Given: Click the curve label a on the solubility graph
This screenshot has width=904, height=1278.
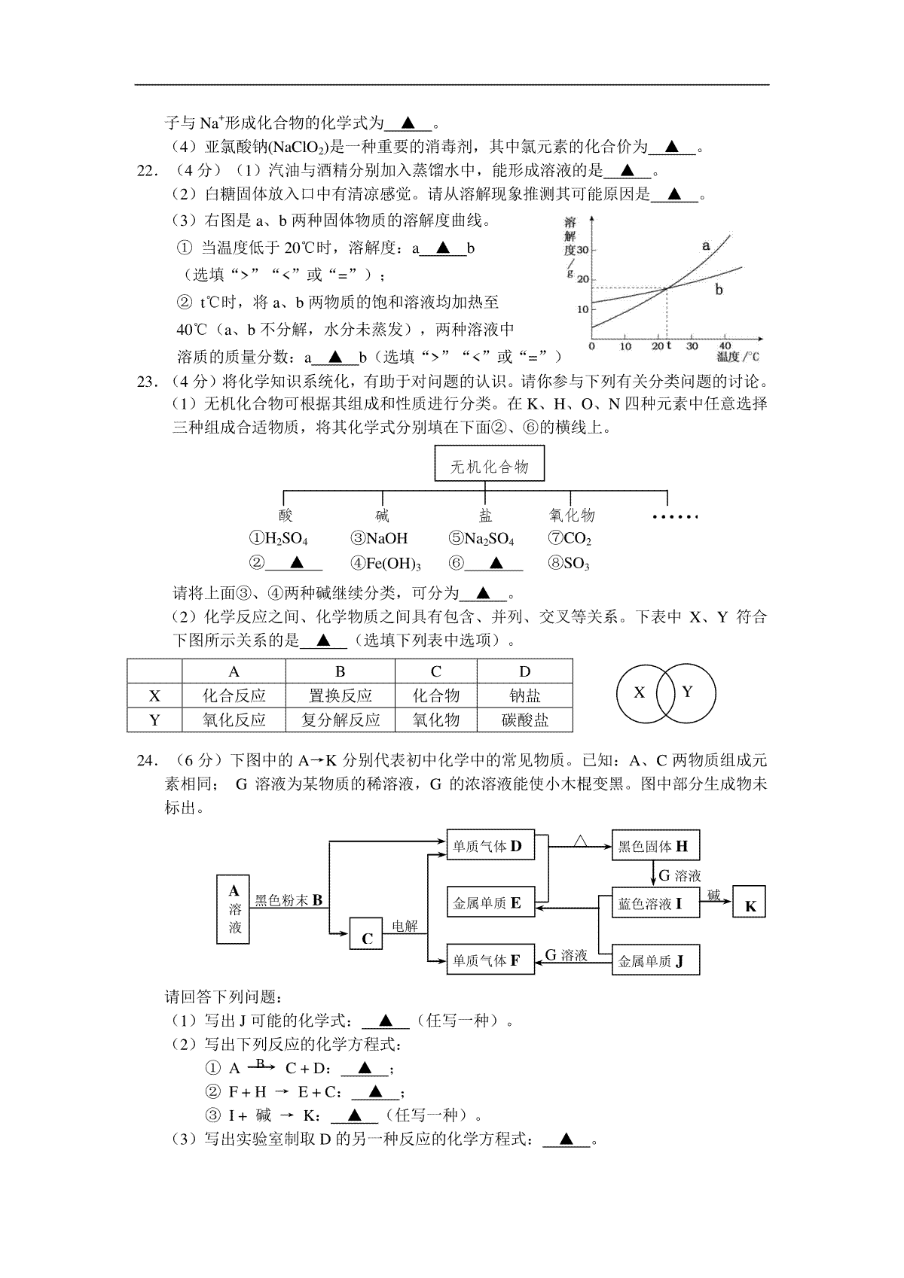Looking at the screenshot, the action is point(706,246).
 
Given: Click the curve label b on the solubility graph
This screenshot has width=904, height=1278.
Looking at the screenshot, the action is point(719,290).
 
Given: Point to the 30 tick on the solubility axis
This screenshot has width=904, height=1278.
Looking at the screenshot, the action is point(582,249).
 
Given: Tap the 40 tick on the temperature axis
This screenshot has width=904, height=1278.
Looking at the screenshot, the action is point(725,345).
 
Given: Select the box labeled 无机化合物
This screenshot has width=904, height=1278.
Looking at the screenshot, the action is point(490,464).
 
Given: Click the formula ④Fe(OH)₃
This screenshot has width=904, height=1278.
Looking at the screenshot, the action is point(386,564).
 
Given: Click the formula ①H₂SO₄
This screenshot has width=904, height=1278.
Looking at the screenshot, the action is point(278,539).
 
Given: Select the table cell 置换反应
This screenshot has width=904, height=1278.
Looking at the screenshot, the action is point(341,695).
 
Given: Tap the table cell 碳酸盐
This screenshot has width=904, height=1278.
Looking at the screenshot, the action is point(525,720).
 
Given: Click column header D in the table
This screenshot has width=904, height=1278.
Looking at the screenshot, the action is point(525,671).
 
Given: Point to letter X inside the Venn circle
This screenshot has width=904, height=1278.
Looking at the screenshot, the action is point(639,692).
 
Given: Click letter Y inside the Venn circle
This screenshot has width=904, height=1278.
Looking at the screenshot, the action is point(687,692).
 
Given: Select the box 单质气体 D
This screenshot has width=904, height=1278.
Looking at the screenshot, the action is point(490,845).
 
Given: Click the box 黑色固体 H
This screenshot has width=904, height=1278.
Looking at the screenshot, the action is point(655,845).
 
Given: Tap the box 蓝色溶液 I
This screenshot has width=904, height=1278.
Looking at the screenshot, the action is point(655,902).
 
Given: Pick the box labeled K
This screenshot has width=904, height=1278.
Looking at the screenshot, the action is point(750,902).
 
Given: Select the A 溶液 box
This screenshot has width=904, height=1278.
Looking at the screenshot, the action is point(233,909).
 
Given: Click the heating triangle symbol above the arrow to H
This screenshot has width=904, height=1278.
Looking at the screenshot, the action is point(580,841).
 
